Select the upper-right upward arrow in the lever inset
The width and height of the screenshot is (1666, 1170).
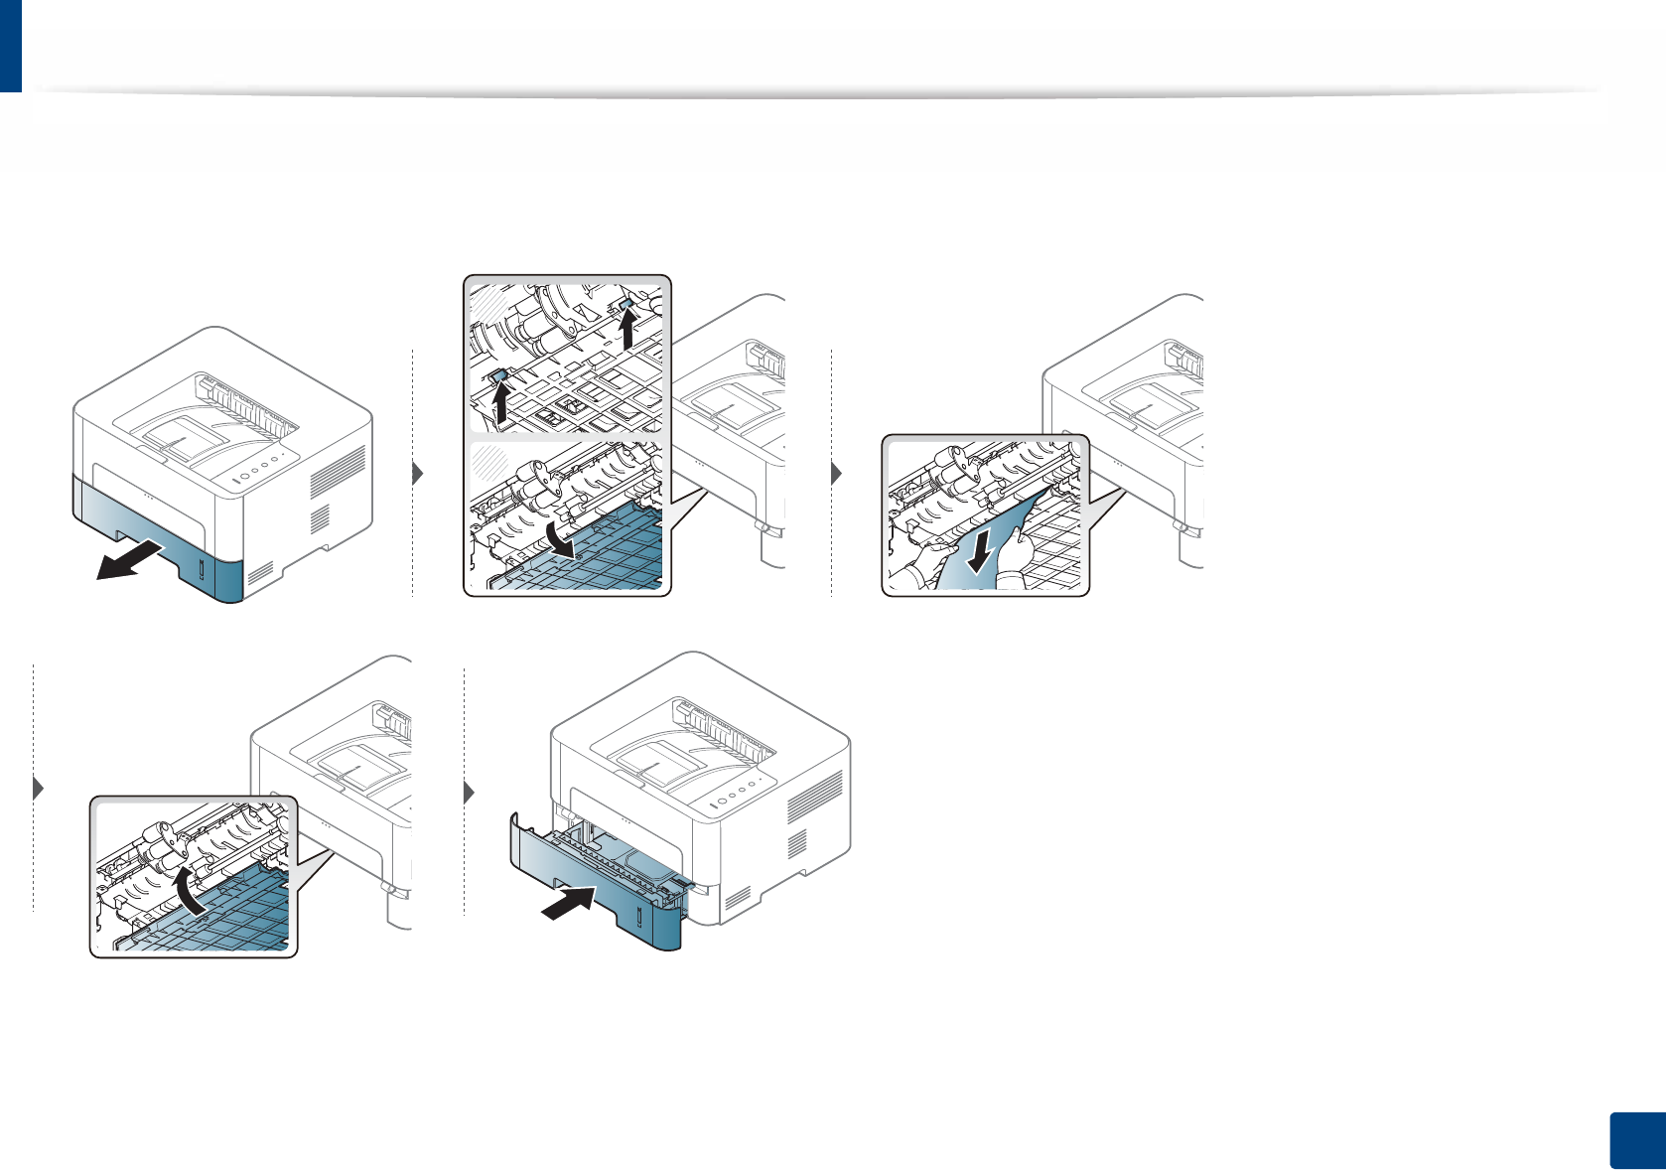(x=627, y=329)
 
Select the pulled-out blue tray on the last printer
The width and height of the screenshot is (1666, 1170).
(x=596, y=884)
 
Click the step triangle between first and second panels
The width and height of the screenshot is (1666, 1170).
(x=418, y=474)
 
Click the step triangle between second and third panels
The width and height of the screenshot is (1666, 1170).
(x=837, y=474)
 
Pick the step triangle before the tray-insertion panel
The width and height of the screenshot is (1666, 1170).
(x=470, y=793)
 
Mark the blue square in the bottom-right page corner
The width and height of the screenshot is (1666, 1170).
(x=1635, y=1139)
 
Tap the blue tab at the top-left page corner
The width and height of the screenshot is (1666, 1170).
(x=10, y=46)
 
